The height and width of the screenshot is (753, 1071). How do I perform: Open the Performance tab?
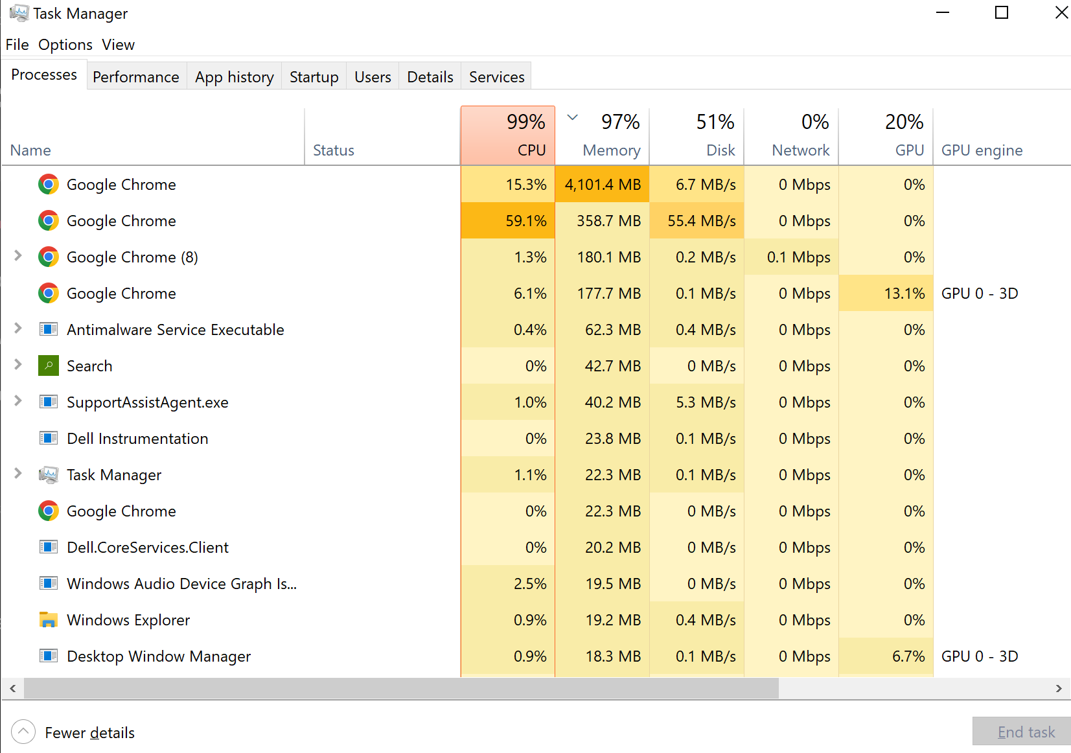(x=136, y=76)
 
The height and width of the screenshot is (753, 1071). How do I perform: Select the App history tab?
(x=235, y=76)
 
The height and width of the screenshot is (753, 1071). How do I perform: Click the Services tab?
(x=496, y=76)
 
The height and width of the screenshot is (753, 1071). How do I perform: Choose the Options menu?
(x=65, y=45)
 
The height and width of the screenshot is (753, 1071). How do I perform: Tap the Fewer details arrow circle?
(x=23, y=732)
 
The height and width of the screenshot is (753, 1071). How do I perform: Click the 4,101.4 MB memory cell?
(x=602, y=184)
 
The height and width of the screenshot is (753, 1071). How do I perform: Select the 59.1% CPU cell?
(x=508, y=220)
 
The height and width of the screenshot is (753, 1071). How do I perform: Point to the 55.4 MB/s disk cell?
(x=697, y=220)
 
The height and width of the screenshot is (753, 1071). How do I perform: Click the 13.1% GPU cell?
(x=886, y=293)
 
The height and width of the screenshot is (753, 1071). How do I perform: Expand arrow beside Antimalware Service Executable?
(x=17, y=329)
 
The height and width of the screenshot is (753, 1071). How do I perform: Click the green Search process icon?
(x=49, y=365)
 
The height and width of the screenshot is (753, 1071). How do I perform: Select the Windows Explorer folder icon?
(x=49, y=620)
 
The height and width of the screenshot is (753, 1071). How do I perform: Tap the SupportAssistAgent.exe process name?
(x=147, y=402)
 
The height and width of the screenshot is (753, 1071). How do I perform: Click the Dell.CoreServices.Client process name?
(x=147, y=548)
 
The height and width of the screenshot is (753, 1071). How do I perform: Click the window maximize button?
(x=1001, y=12)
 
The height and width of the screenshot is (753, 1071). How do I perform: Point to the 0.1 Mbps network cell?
(x=798, y=257)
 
